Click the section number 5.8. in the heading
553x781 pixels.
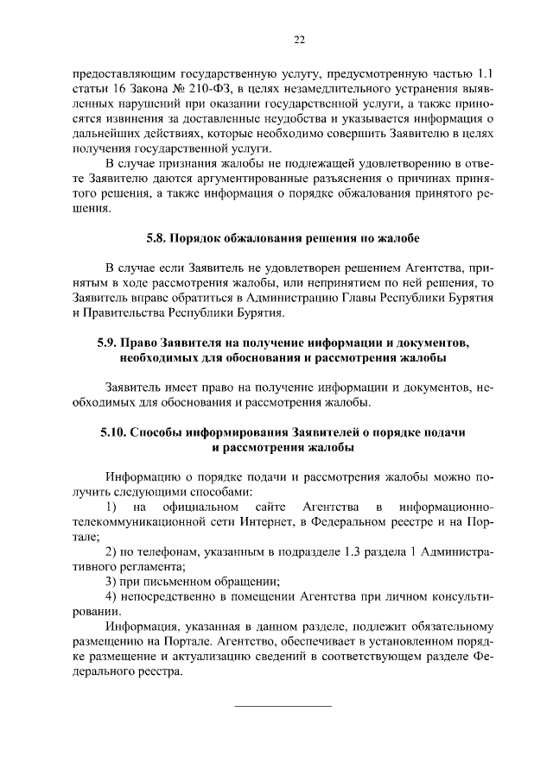coord(153,236)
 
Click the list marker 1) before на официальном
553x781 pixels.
coord(111,506)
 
